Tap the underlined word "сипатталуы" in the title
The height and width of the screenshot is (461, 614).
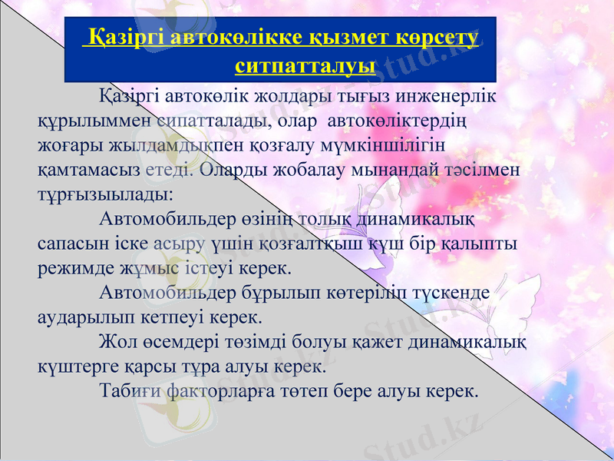pyautogui.click(x=305, y=65)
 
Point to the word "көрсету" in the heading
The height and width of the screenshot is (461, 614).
pyautogui.click(x=435, y=37)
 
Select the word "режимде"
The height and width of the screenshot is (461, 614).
pyautogui.click(x=70, y=268)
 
